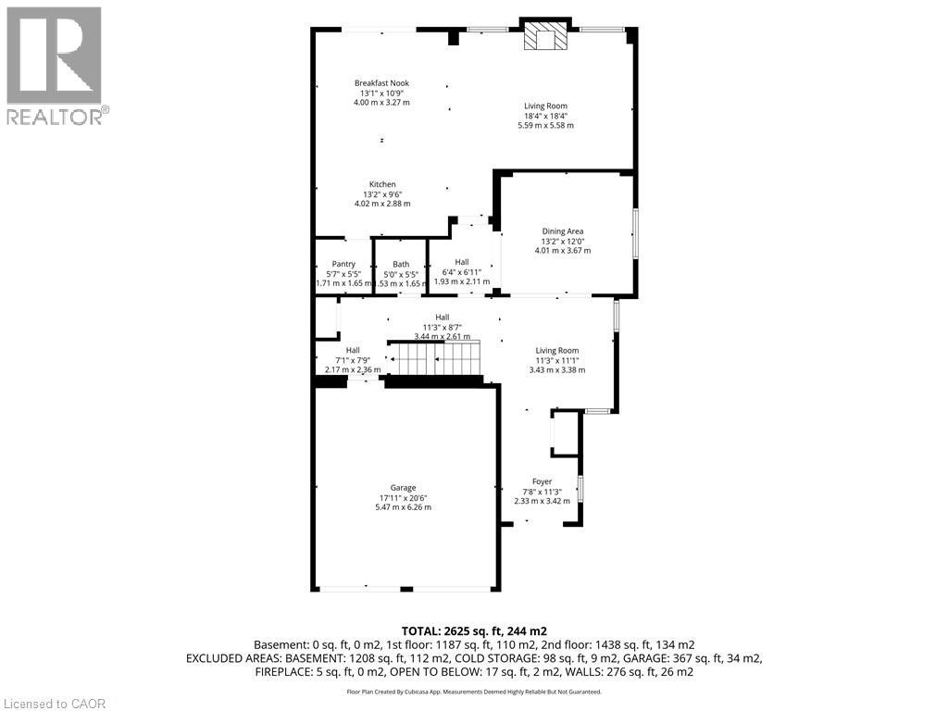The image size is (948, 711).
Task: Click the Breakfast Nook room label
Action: click(381, 83)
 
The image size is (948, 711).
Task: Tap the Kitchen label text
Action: click(382, 184)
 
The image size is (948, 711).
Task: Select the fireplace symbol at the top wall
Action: click(544, 37)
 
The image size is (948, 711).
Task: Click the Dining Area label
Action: click(562, 231)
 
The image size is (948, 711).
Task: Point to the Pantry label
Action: click(343, 264)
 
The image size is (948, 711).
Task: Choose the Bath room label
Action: click(400, 264)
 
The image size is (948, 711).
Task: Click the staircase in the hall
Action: click(436, 357)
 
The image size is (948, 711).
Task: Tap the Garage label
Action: click(403, 488)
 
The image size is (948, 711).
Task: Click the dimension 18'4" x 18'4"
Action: click(545, 116)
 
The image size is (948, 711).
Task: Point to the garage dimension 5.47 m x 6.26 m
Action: click(403, 507)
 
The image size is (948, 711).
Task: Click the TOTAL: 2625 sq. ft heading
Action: click(473, 630)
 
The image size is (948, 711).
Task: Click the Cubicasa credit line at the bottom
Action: click(473, 692)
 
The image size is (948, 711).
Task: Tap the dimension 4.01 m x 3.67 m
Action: click(562, 250)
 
